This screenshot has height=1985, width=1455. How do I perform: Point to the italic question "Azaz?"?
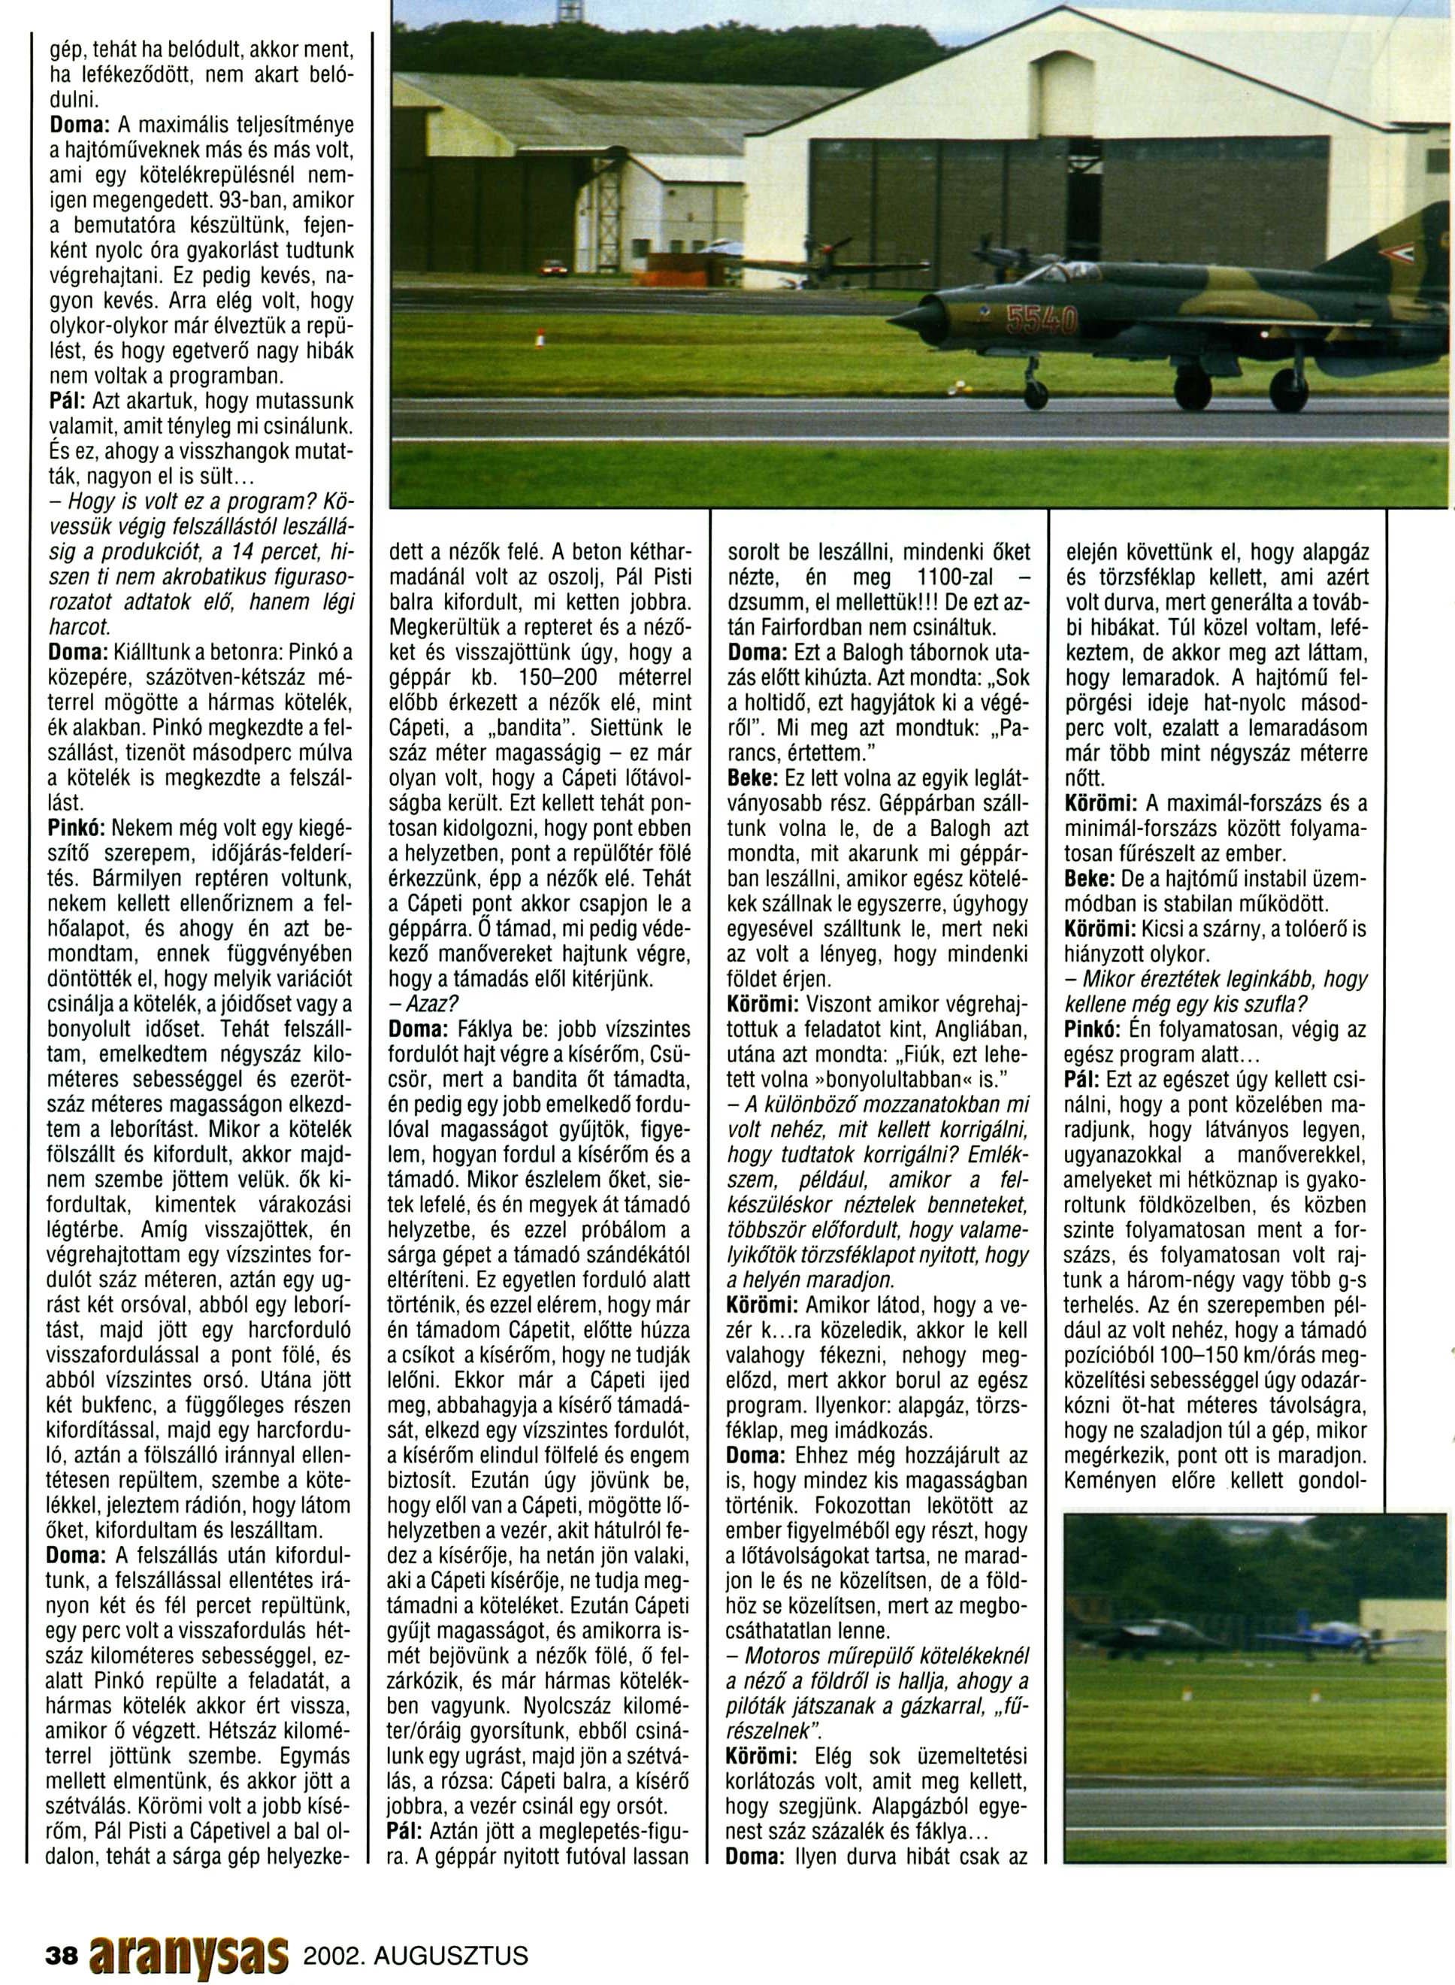click(x=425, y=1004)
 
